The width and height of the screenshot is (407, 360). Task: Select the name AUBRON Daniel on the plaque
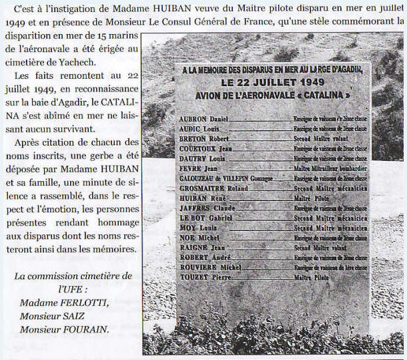pos(204,118)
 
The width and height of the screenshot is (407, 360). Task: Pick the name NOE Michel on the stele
pos(200,237)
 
